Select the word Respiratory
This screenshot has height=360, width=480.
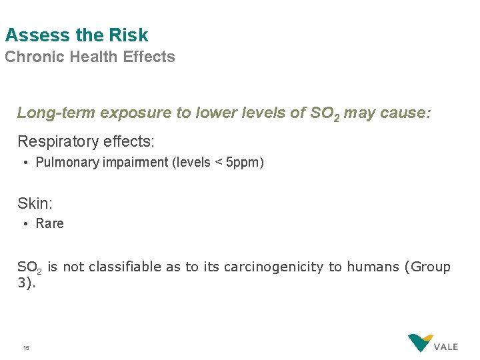pyautogui.click(x=59, y=142)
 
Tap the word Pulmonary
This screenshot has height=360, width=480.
pyautogui.click(x=67, y=163)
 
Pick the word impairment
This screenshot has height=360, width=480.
pyautogui.click(x=136, y=163)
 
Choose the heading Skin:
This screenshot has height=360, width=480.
pyautogui.click(x=35, y=203)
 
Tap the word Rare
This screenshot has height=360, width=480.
pyautogui.click(x=50, y=224)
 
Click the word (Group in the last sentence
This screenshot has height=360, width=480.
pyautogui.click(x=427, y=267)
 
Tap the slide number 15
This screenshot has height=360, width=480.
pyautogui.click(x=26, y=347)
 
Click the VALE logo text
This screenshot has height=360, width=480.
pyautogui.click(x=446, y=347)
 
